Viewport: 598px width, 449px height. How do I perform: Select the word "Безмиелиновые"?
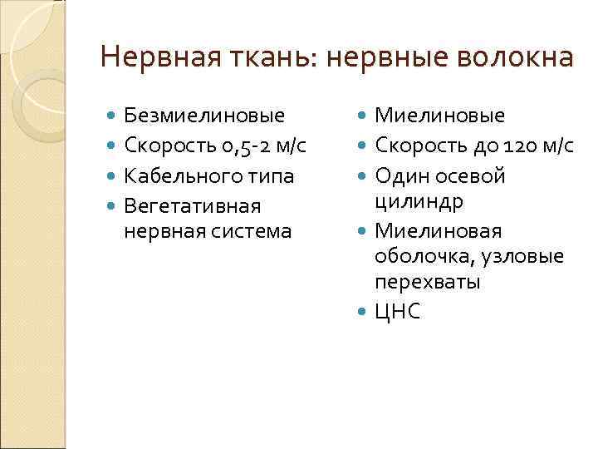[203, 116]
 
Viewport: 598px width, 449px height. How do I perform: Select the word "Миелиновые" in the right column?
[439, 116]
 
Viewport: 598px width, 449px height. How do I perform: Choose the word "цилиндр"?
[419, 201]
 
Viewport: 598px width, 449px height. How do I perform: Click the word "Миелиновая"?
[438, 230]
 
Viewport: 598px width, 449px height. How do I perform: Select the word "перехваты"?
[427, 282]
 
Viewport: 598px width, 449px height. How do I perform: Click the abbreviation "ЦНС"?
[398, 312]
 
